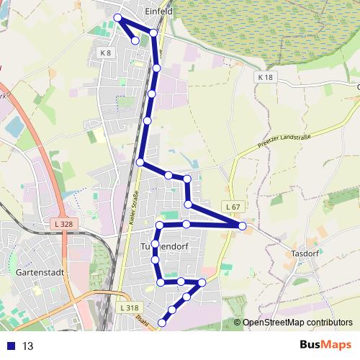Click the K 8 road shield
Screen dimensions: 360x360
(106, 53)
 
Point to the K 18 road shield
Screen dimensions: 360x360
(266, 77)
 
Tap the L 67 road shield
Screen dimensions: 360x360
(231, 207)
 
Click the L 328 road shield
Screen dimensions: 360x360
(64, 225)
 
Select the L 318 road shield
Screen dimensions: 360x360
(129, 307)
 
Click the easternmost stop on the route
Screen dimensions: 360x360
(243, 226)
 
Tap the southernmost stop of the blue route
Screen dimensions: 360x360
(162, 323)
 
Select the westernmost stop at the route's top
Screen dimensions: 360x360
(117, 17)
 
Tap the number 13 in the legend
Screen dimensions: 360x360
(28, 346)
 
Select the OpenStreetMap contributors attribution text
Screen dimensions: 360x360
(297, 323)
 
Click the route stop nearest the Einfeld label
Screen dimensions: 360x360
(153, 32)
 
